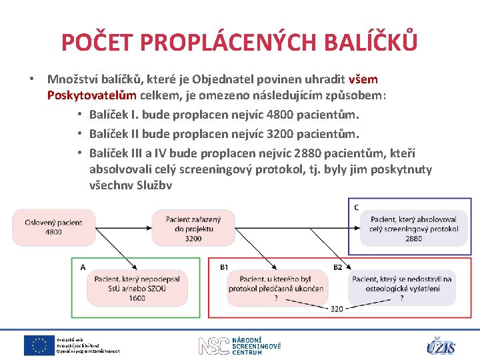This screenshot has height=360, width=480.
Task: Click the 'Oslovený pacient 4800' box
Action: coord(54,227)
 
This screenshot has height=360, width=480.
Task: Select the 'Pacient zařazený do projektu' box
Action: coord(193,227)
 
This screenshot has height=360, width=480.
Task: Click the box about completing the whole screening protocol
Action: coord(413,228)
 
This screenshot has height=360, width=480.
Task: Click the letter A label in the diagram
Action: coord(83,267)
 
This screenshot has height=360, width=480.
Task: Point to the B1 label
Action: coord(224,267)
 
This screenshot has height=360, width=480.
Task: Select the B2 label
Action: coord(338,267)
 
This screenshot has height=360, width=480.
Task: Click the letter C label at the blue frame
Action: coord(357,207)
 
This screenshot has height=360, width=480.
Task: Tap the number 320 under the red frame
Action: coord(337,309)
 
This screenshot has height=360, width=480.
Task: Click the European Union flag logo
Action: coord(39,345)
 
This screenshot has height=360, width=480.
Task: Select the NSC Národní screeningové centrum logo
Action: coord(240,345)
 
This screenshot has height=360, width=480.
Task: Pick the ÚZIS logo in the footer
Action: coord(441,346)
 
